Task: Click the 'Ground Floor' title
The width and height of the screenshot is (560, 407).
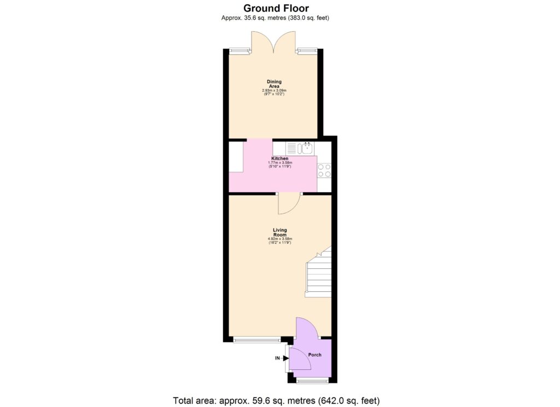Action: click(276, 8)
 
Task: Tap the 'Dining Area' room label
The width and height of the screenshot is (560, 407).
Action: click(275, 84)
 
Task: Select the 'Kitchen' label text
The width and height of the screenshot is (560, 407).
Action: click(280, 158)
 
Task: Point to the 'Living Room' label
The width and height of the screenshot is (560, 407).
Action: click(280, 232)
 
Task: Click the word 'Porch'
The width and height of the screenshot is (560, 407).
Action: click(314, 355)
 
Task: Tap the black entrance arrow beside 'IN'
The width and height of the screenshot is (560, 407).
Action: click(286, 358)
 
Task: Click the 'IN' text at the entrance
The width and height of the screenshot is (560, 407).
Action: click(277, 358)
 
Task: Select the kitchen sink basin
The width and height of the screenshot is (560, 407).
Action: click(307, 146)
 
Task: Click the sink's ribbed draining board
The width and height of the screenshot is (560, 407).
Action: click(291, 147)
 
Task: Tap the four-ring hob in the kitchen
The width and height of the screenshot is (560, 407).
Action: click(324, 170)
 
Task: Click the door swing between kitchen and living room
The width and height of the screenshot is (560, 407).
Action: click(288, 204)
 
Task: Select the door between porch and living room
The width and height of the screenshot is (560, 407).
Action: click(306, 327)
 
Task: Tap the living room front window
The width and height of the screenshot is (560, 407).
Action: click(256, 340)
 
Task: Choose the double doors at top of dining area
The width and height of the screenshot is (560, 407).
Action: click(273, 43)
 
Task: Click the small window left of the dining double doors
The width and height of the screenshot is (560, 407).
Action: click(238, 51)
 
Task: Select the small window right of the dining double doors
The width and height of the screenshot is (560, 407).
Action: click(307, 51)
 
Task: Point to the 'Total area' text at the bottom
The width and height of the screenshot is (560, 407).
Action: click(276, 400)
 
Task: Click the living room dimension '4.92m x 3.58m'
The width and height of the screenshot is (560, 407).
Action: click(280, 239)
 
